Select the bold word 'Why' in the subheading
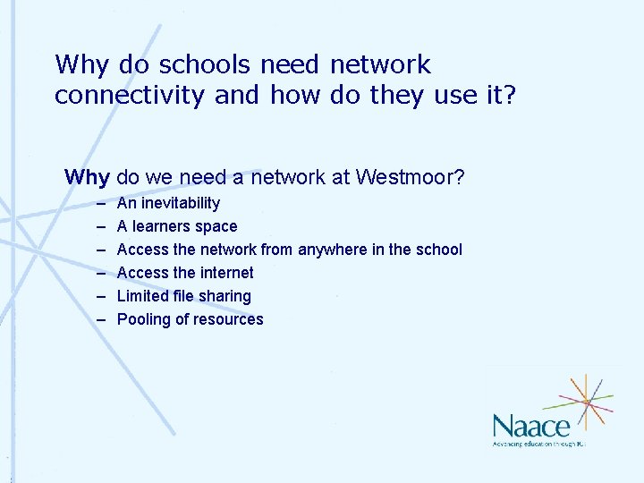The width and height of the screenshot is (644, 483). point(87,177)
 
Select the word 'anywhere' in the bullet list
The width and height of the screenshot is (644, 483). point(331,250)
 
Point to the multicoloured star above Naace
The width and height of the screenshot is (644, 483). point(586,401)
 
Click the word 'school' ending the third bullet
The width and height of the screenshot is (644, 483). point(437,250)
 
